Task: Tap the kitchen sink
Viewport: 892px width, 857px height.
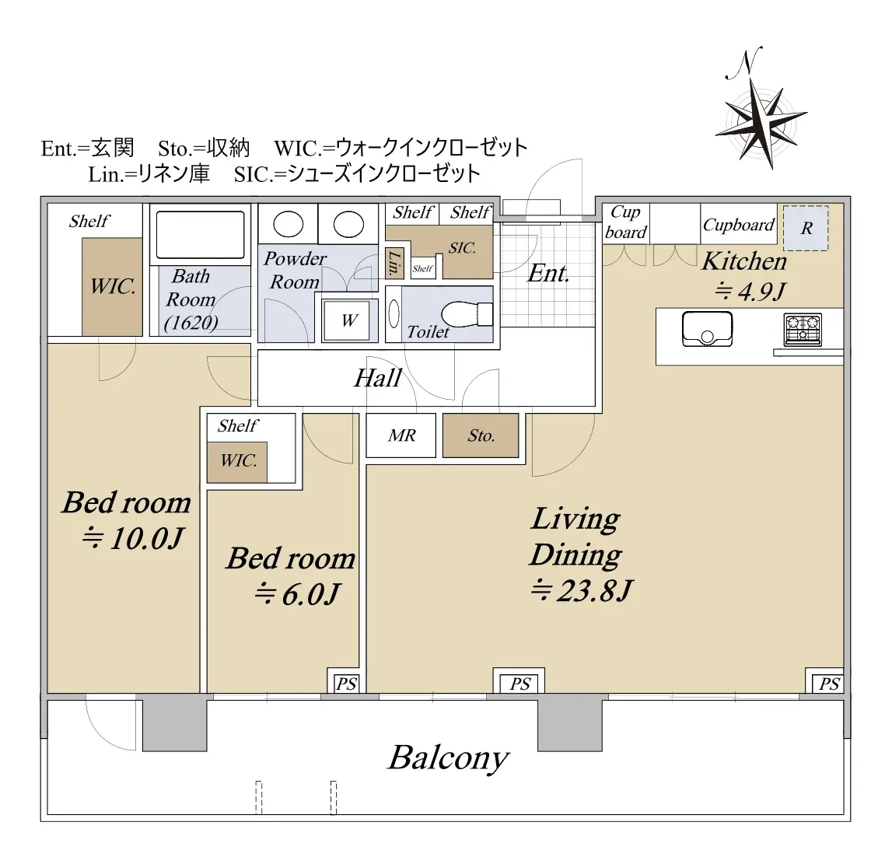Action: click(707, 329)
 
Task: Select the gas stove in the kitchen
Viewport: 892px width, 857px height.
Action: click(803, 330)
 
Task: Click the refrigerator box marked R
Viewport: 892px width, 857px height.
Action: click(806, 228)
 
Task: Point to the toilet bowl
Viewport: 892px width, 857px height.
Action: click(467, 314)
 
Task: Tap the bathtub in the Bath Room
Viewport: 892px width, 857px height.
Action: click(200, 235)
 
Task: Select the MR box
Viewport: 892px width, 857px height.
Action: click(401, 435)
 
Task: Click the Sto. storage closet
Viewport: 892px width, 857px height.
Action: click(481, 435)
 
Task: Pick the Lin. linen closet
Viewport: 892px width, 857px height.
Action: click(395, 264)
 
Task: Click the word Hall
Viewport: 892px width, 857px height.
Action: click(378, 379)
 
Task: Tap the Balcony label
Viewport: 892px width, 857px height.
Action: click(448, 758)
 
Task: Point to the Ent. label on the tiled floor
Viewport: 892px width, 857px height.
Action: click(548, 274)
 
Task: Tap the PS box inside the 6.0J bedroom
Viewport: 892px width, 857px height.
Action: click(346, 682)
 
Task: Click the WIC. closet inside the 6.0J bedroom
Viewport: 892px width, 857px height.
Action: click(237, 462)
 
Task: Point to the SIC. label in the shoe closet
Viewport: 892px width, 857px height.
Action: click(462, 248)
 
